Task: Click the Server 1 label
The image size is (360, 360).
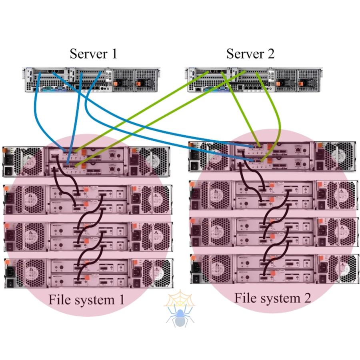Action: tap(93, 54)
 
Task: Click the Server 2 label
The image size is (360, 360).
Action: tap(250, 54)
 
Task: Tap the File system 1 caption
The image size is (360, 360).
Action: tap(86, 299)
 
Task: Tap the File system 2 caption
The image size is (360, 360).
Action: tap(272, 298)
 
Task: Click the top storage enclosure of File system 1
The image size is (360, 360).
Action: tap(86, 161)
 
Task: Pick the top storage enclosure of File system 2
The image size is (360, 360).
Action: tap(272, 156)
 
